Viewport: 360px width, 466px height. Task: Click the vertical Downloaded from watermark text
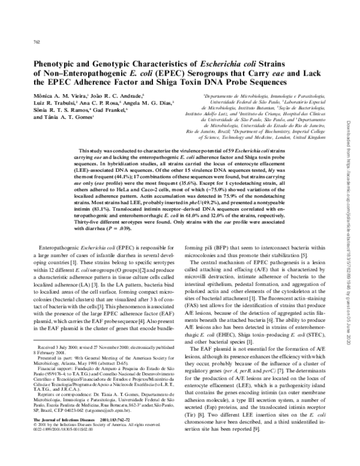(x=347, y=180)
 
